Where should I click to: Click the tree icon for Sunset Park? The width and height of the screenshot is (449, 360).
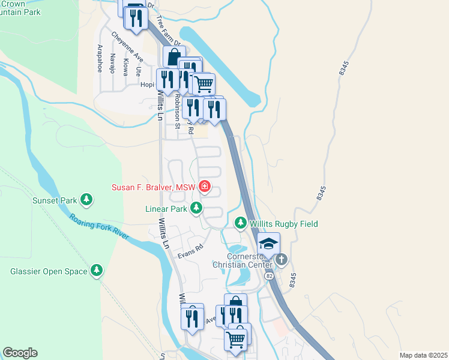click(86, 199)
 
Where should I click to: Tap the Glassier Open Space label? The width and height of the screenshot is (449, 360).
click(49, 271)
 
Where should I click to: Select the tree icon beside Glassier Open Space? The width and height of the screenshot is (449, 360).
click(97, 271)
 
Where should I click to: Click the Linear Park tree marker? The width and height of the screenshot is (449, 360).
click(196, 209)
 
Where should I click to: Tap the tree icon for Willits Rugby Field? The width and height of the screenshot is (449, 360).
click(241, 223)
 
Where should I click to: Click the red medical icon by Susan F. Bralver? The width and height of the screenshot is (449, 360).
click(205, 187)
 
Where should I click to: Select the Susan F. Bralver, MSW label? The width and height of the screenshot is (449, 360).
click(154, 187)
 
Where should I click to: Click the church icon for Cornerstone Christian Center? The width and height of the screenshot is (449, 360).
click(282, 260)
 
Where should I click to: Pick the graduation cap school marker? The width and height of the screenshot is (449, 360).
click(268, 244)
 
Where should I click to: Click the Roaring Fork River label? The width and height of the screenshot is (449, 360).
click(98, 227)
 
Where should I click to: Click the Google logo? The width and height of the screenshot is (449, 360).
click(20, 353)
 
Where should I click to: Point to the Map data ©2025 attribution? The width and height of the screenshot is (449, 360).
click(423, 355)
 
